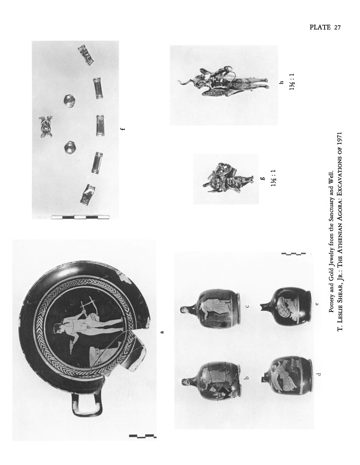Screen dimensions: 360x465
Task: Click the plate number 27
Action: click(x=337, y=28)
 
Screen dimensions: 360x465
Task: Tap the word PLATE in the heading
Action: click(x=320, y=27)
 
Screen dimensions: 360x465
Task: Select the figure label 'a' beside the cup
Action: click(x=162, y=332)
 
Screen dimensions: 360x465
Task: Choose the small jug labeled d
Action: click(x=287, y=376)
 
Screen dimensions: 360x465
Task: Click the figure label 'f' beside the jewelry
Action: click(x=123, y=129)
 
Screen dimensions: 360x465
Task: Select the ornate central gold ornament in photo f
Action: click(x=46, y=127)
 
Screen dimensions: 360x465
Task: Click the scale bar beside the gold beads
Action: click(x=80, y=217)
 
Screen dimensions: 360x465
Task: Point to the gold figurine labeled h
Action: click(x=223, y=82)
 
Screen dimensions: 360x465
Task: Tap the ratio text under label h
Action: click(x=292, y=82)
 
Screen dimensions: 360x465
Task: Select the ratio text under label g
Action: click(x=273, y=178)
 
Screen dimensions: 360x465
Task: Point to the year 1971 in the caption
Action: click(x=340, y=138)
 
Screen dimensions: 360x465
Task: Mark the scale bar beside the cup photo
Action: click(x=143, y=436)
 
